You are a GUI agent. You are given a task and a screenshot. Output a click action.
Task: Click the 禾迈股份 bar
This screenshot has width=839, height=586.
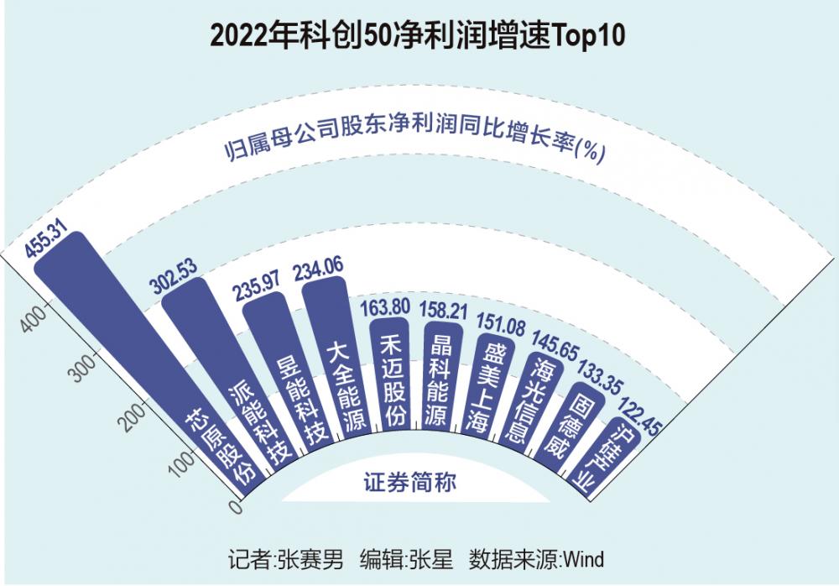pyautogui.click(x=391, y=374)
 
